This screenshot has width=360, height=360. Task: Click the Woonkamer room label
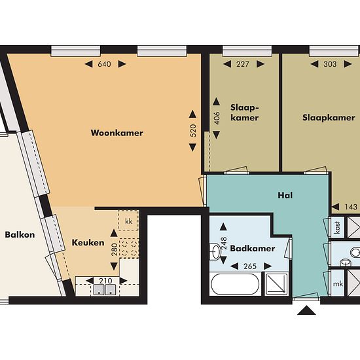(117, 133)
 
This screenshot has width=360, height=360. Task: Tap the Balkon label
(20, 234)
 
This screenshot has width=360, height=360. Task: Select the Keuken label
(88, 243)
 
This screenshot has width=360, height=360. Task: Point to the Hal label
(285, 196)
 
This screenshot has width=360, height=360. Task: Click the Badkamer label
(253, 249)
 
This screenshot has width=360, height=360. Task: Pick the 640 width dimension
(105, 64)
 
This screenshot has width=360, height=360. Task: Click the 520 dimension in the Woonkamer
(193, 131)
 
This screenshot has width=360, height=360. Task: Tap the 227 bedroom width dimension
(243, 64)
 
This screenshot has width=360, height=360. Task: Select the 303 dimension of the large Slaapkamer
(330, 64)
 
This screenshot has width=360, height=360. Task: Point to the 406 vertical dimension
(217, 118)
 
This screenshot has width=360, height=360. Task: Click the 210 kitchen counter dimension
(105, 281)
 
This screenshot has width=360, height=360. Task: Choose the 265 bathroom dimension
(250, 266)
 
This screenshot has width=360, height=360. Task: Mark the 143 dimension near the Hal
(351, 207)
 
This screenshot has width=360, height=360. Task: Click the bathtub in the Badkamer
(235, 284)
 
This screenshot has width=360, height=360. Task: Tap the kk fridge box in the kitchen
(128, 221)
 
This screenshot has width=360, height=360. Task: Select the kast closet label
(337, 227)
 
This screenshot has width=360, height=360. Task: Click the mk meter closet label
(338, 284)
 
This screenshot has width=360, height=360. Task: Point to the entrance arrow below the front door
(306, 310)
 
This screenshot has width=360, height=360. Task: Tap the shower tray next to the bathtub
(276, 284)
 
